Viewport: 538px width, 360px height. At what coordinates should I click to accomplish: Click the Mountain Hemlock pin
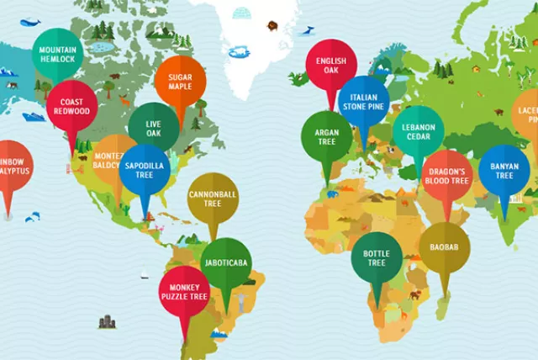pyautogui.click(x=58, y=55)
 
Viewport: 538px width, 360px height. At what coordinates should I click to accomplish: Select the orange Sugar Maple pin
pyautogui.click(x=180, y=81)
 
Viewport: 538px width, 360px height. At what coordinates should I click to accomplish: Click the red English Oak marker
pyautogui.click(x=330, y=66)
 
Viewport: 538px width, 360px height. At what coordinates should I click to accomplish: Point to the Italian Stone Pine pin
pyautogui.click(x=364, y=102)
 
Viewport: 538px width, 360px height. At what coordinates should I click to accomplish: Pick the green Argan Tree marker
pyautogui.click(x=326, y=136)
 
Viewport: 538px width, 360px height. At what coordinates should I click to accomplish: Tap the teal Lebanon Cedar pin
pyautogui.click(x=418, y=132)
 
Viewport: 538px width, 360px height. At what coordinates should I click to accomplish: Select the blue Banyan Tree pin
pyautogui.click(x=504, y=170)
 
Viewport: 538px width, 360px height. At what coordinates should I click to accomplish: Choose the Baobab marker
pyautogui.click(x=445, y=248)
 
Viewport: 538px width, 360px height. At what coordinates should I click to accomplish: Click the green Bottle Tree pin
pyautogui.click(x=376, y=257)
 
